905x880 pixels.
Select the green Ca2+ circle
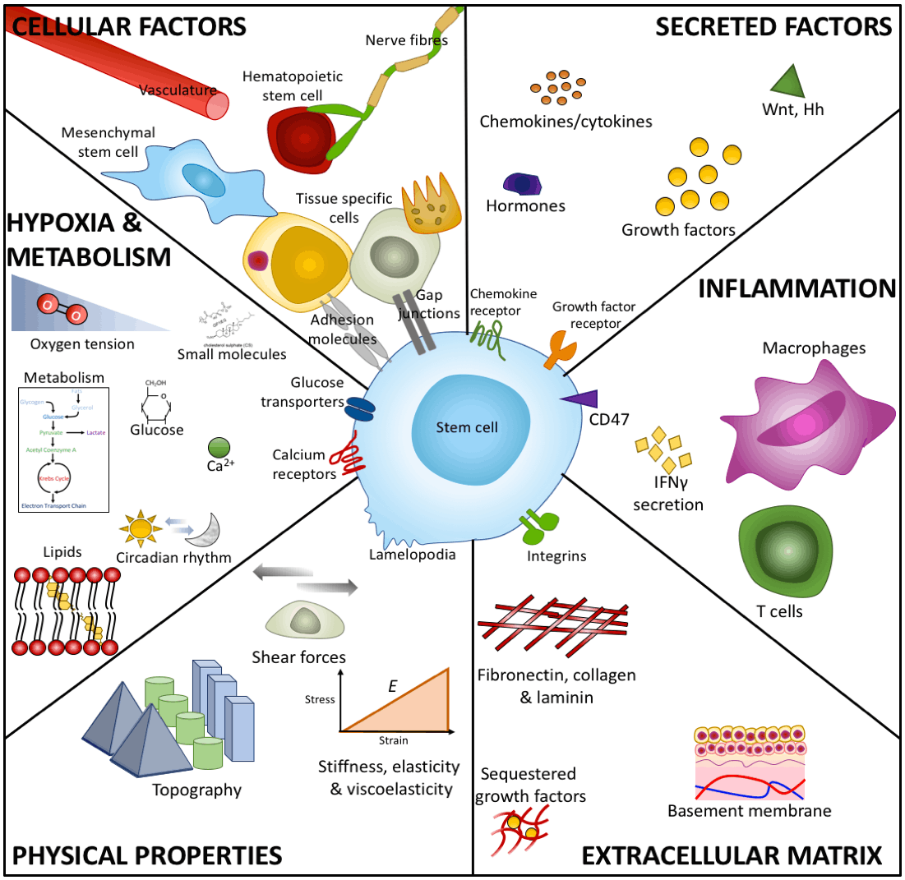coord(219,448)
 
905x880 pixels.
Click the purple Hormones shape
coord(523,183)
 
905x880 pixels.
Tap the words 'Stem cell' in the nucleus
coord(467,426)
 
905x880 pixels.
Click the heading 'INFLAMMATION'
coord(796,288)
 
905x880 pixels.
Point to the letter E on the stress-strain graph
coord(393,684)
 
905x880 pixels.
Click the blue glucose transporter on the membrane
coord(358,408)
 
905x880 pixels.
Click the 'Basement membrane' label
coord(749,811)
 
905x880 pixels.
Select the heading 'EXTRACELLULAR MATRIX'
coord(732,856)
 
